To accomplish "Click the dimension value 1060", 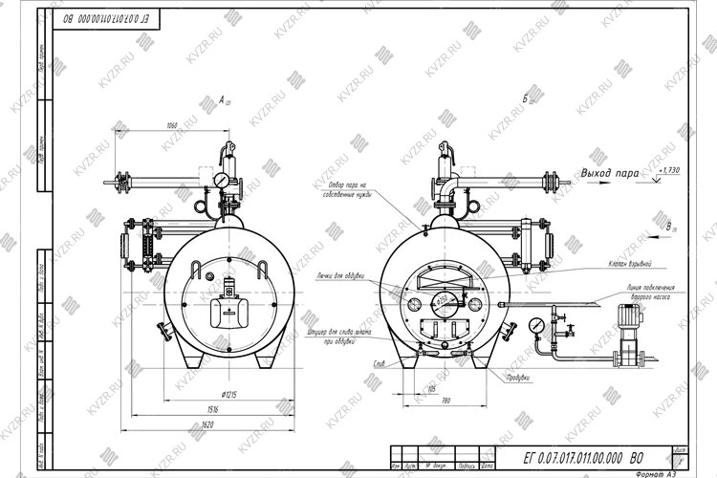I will pos(172,126).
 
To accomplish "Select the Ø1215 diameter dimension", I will pos(228,393).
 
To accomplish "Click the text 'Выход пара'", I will pos(610,174).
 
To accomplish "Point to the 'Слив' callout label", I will pos(380,363).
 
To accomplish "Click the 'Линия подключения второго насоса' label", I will pos(652,292).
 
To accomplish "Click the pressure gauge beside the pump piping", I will pos(539,325).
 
